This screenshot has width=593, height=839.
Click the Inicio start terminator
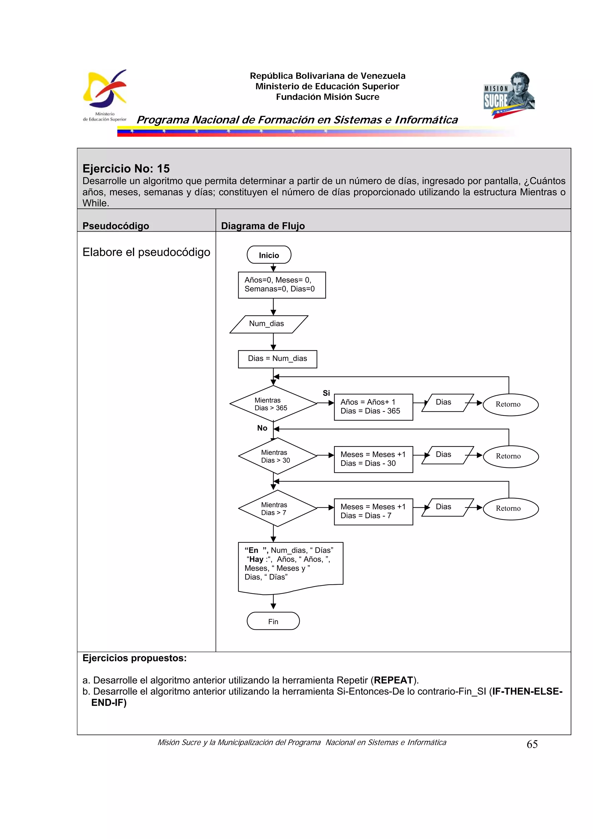pyautogui.click(x=269, y=255)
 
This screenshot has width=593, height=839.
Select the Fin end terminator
pyautogui.click(x=273, y=621)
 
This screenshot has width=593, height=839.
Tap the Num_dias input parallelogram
pyautogui.click(x=268, y=324)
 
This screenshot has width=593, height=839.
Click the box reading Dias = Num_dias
pyautogui.click(x=277, y=358)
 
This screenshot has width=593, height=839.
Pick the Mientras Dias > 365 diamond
pyautogui.click(x=273, y=404)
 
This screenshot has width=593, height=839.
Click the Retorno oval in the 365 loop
pyautogui.click(x=510, y=404)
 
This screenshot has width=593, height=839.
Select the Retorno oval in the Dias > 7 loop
pyautogui.click(x=510, y=508)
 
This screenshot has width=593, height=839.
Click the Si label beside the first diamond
pyautogui.click(x=326, y=393)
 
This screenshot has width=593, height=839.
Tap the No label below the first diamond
pyautogui.click(x=262, y=428)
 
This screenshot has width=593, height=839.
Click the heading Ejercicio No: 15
pyautogui.click(x=126, y=168)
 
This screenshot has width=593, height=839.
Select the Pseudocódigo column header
pyautogui.click(x=116, y=226)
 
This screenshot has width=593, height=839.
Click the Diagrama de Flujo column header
pyautogui.click(x=262, y=226)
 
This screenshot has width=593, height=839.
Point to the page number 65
pyautogui.click(x=532, y=744)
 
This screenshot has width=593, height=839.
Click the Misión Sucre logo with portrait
pyautogui.click(x=509, y=95)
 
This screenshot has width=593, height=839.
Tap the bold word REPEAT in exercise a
pyautogui.click(x=393, y=680)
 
